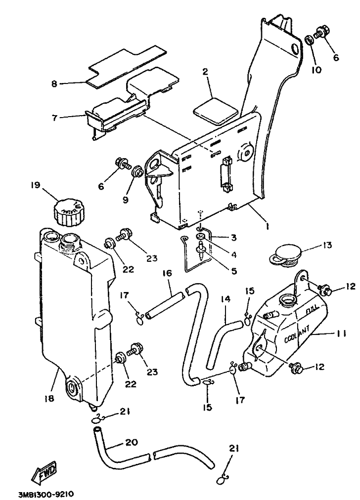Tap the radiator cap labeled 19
[x=69, y=211]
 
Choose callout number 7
[x=54, y=117]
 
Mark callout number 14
[x=225, y=299]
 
